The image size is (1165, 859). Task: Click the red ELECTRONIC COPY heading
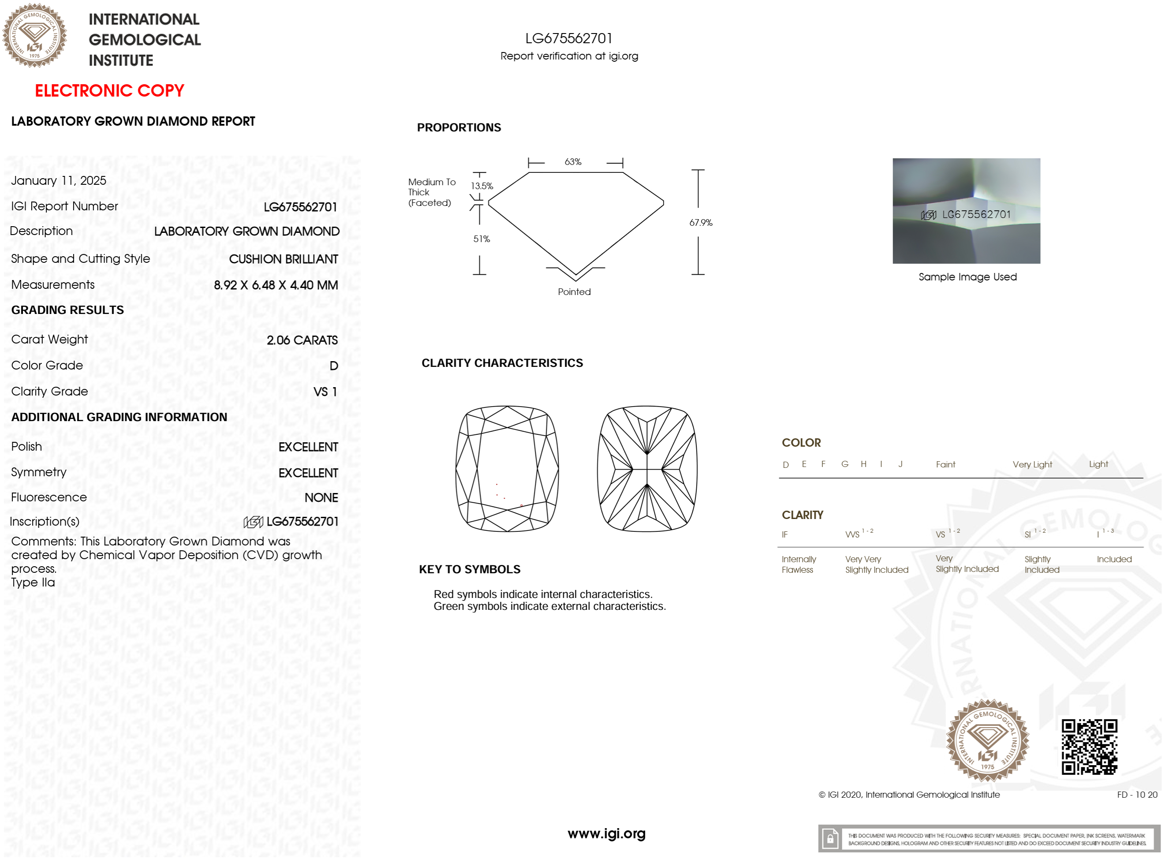[x=109, y=90]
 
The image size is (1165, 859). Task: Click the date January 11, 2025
[x=59, y=180]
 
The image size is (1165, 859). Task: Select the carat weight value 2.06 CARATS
[x=302, y=340]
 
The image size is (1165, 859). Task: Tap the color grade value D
[x=334, y=366]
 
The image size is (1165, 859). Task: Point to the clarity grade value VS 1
[x=325, y=392]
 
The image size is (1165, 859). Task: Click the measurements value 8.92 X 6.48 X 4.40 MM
[x=276, y=285]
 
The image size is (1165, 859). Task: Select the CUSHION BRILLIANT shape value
[x=284, y=259]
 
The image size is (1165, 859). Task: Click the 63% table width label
[x=573, y=162]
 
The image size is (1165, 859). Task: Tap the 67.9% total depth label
[x=701, y=223]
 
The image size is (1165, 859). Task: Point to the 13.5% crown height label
[x=482, y=186]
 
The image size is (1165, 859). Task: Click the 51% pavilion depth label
[x=482, y=239]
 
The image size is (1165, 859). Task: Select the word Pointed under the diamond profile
[x=574, y=292]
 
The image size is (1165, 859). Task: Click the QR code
[x=1089, y=747]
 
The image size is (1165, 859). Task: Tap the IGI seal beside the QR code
[x=987, y=740]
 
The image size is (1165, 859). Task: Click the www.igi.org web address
[x=606, y=833]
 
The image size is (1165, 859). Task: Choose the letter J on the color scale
[x=900, y=464]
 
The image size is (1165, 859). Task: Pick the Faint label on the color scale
[x=945, y=464]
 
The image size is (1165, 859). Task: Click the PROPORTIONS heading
[x=459, y=127]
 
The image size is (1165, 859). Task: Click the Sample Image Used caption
[x=967, y=276]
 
